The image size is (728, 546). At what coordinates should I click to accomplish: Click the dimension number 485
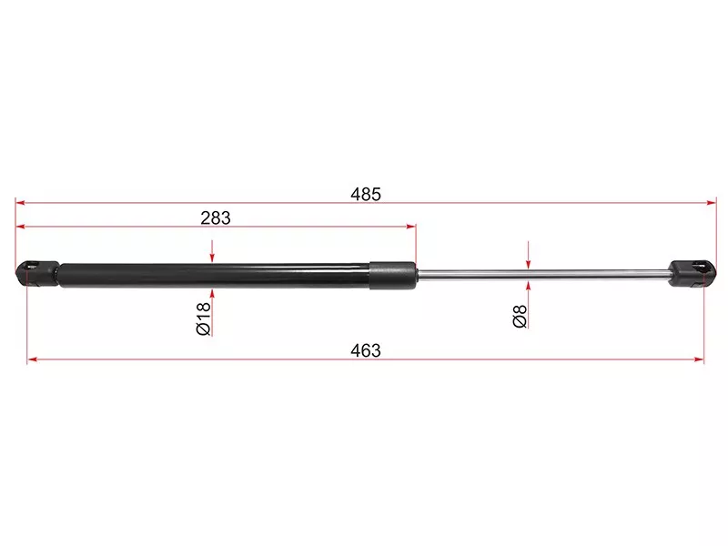pos(366,194)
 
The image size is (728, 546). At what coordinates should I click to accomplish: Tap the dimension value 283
pos(216,217)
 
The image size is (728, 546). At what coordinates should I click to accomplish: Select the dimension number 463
pos(366,350)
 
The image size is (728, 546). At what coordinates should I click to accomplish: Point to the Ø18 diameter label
pos(203,318)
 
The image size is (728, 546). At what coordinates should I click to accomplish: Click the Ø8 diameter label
pos(520,316)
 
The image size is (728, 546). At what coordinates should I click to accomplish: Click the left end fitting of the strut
pos(37,274)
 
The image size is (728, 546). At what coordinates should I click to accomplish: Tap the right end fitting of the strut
pos(692,274)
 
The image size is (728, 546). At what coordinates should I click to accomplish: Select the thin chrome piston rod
pos(542,275)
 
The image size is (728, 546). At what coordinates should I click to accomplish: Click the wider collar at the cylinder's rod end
pos(392,276)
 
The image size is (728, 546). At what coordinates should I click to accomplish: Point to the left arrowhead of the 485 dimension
pos(20,203)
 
